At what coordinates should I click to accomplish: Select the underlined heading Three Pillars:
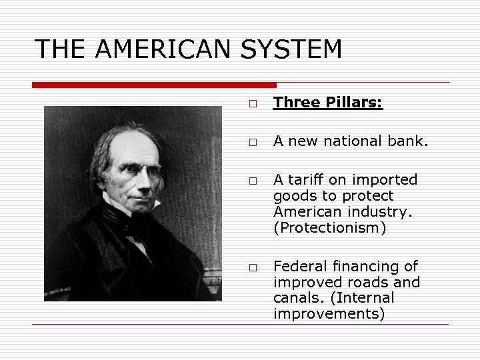(328, 103)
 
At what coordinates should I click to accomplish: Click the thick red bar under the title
(154, 85)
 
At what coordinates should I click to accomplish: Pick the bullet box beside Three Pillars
(253, 104)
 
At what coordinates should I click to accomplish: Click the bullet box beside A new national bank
(253, 142)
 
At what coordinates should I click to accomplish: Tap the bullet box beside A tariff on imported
(253, 181)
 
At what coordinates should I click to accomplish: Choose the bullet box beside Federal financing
(253, 267)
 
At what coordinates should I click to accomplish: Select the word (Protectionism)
(329, 228)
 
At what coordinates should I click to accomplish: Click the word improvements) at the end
(329, 314)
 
